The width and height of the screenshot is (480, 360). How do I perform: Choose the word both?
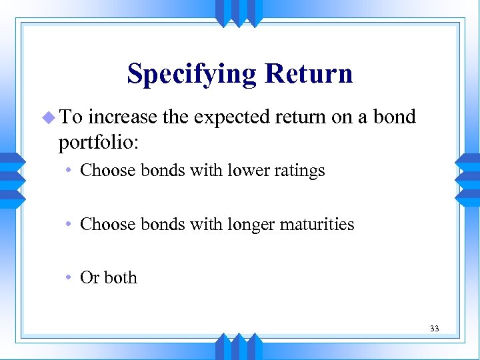click(x=121, y=277)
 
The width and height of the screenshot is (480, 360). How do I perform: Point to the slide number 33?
click(x=435, y=329)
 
